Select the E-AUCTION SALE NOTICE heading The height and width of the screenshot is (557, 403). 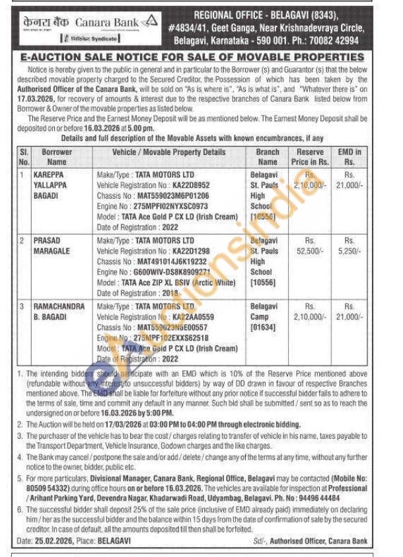[x=201, y=57]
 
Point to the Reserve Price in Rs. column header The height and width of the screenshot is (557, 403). [x=310, y=156]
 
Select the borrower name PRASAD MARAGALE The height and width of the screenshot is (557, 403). [x=51, y=246]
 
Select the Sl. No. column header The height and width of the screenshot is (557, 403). [x=24, y=156]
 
